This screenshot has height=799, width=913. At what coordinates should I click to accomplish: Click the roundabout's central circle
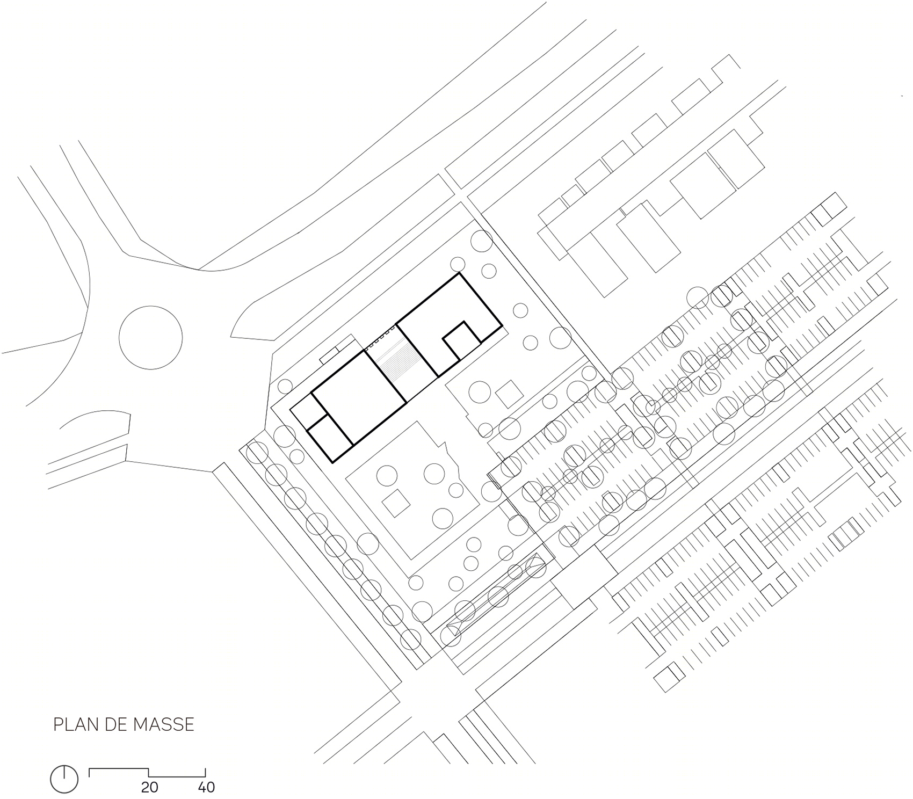click(x=150, y=337)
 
